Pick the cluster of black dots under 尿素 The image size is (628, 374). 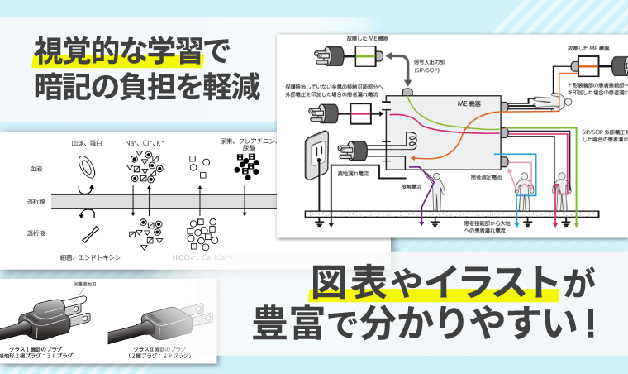[245, 167]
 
